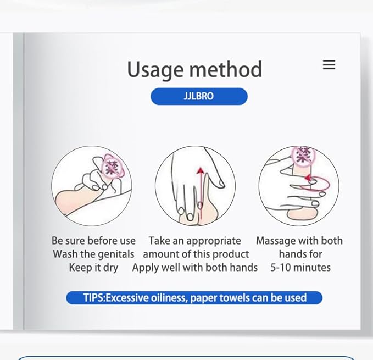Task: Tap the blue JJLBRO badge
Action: tap(199, 96)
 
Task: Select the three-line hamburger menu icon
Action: tap(329, 65)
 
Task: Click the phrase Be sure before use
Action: tap(93, 241)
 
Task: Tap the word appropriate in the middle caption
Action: tap(214, 241)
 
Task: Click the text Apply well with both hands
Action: tap(194, 268)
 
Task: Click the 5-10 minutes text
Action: tap(300, 268)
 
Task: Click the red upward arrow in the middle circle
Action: tap(200, 187)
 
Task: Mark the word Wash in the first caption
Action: tap(65, 254)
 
